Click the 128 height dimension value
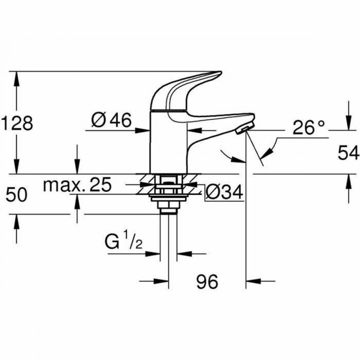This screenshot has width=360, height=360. point(17,123)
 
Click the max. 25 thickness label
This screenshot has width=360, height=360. point(77,185)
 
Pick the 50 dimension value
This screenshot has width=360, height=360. point(17,194)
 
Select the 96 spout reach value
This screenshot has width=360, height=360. point(206,282)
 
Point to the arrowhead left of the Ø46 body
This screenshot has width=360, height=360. point(145,131)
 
